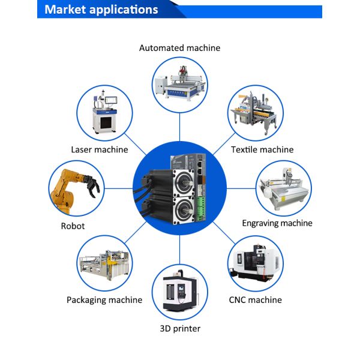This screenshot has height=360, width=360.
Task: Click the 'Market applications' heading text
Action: [x=101, y=10]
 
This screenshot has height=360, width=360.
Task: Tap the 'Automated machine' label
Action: [x=179, y=48]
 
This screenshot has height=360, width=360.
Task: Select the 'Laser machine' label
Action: [x=100, y=149]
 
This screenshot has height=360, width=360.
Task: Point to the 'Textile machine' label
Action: [x=262, y=149]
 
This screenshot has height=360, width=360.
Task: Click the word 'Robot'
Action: [x=73, y=226]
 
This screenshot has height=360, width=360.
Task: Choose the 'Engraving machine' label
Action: [x=277, y=223]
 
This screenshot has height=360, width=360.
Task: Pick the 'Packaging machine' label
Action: [x=104, y=300]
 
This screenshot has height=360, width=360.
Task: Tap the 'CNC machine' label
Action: [x=256, y=300]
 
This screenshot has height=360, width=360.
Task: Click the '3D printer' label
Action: [x=180, y=329]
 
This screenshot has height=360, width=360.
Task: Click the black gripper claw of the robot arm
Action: [x=92, y=185]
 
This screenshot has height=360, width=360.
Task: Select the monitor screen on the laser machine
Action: [x=112, y=100]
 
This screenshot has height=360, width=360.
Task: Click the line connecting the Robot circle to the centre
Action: [x=118, y=189]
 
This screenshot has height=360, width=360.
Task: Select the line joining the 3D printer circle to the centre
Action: [x=180, y=250]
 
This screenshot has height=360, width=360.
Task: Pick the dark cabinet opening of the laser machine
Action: [x=106, y=122]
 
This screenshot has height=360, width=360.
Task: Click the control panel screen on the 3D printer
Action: [x=181, y=287]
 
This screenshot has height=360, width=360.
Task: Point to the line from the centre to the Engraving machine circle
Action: [x=241, y=189]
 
